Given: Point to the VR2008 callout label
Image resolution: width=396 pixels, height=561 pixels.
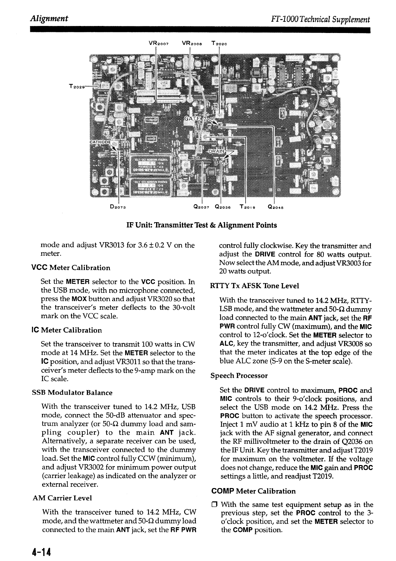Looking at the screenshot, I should click(x=192, y=43).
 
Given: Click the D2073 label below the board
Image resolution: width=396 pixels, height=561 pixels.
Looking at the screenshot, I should click(x=117, y=207).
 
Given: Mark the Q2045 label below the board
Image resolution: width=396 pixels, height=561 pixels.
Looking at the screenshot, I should click(x=275, y=206).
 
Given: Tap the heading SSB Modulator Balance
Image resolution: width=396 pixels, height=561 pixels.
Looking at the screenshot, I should click(x=72, y=392).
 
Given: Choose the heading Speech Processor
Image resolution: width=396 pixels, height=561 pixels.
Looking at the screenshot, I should click(x=239, y=376).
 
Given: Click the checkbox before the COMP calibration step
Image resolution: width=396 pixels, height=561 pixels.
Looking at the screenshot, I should click(x=215, y=505).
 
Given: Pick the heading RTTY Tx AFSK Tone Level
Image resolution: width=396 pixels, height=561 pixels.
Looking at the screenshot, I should click(x=255, y=286).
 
